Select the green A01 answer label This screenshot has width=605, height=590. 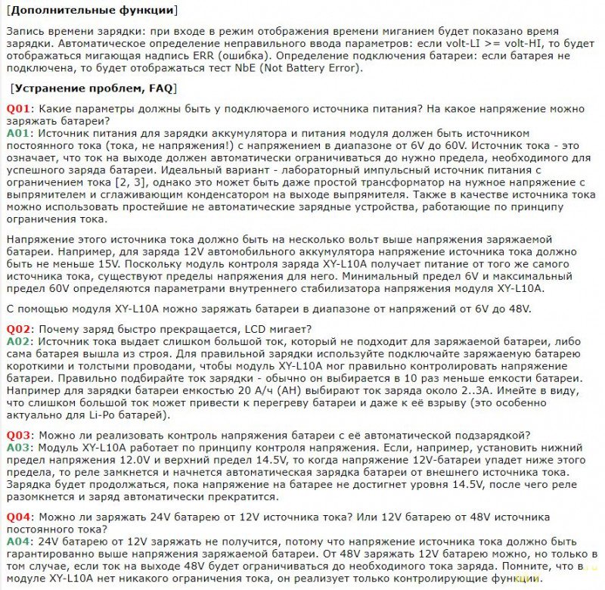click(x=20, y=132)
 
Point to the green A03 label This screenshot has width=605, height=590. click(x=20, y=448)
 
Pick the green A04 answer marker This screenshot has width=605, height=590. click(x=20, y=542)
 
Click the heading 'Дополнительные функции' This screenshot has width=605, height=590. click(x=93, y=11)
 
